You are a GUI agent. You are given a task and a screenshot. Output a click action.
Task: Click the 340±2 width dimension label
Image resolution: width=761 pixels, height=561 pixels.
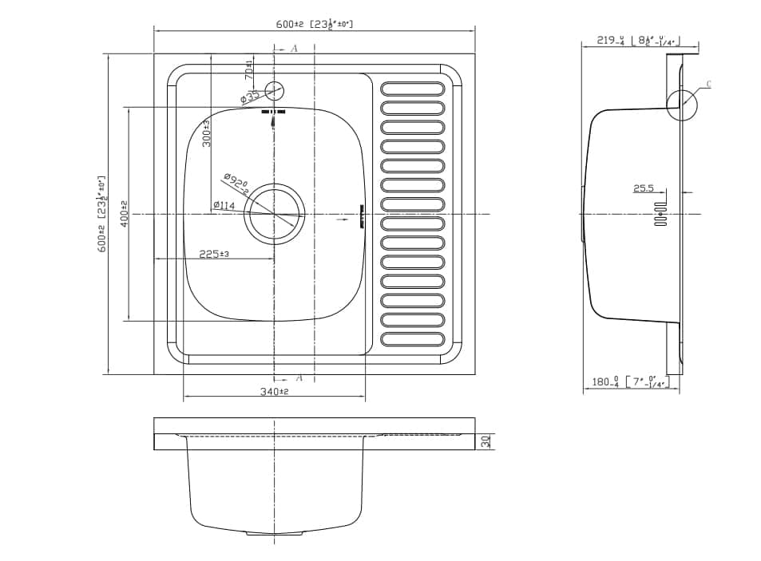coord(273,392)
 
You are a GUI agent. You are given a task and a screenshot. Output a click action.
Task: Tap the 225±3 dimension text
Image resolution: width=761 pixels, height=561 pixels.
coord(214,254)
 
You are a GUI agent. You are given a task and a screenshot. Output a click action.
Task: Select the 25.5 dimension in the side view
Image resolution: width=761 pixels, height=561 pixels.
coord(644,189)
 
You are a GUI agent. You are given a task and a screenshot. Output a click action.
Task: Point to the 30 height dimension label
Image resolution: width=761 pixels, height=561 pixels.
coord(486,441)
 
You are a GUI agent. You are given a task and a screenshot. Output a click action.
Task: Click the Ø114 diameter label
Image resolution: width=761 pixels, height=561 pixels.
coord(224,206)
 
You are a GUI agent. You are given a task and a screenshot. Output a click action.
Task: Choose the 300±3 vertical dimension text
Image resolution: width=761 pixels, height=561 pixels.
coord(206,132)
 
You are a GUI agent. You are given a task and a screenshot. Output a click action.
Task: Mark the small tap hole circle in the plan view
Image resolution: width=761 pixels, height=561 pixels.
coord(274,89)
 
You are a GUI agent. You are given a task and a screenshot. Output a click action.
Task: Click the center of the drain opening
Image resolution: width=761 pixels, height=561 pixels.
coord(274,214)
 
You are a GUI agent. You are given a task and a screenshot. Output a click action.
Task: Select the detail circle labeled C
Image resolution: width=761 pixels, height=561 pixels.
coord(681,105)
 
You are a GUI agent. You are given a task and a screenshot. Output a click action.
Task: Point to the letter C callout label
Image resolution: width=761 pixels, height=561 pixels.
coord(709,84)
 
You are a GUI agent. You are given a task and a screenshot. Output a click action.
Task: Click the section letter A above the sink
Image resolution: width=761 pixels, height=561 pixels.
coord(294,49)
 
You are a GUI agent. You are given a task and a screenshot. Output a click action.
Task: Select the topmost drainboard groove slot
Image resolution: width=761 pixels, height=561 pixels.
coord(412,88)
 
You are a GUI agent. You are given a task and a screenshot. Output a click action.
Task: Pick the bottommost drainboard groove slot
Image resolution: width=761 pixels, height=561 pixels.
coord(412,340)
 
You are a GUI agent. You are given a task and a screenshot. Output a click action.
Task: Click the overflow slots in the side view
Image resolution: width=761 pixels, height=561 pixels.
coord(660,214)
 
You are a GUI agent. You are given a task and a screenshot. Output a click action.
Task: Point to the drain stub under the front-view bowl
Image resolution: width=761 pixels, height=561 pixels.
coord(274,532)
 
